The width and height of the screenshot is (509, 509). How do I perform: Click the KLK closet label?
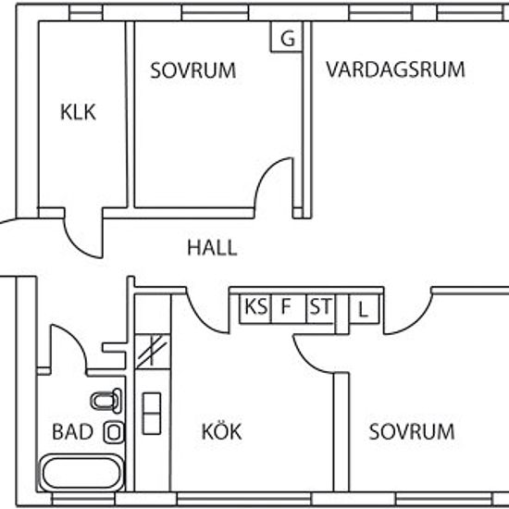(78, 112)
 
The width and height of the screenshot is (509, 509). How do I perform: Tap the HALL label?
(212, 248)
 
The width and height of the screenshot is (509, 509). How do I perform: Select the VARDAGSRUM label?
(395, 69)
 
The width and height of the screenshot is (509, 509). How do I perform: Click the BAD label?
(73, 431)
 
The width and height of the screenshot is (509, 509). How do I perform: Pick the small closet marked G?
(287, 36)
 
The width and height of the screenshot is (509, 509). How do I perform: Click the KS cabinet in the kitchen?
(255, 309)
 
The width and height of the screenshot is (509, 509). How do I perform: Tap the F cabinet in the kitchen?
(289, 309)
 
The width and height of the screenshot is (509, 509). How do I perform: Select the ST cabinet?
(320, 309)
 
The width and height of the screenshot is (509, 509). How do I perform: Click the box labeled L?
(364, 309)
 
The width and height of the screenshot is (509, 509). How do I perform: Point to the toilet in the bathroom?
(106, 401)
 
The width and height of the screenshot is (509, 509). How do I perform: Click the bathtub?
(81, 473)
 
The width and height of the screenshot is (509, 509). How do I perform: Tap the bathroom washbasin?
(114, 432)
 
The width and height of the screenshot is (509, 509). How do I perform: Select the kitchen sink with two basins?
(152, 414)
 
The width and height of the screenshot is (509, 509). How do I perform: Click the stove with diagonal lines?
(153, 352)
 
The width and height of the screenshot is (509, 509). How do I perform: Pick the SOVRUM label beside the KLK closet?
(192, 70)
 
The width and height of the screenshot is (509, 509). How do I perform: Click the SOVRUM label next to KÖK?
(412, 431)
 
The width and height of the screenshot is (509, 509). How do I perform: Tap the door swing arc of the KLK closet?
(76, 245)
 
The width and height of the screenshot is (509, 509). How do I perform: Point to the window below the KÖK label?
(244, 499)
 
